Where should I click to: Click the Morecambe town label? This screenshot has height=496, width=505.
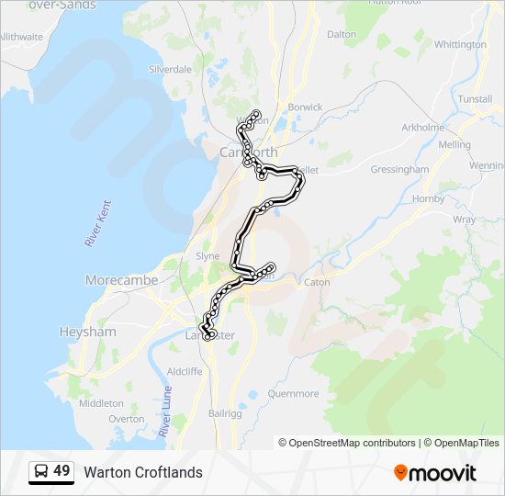pos(121,280)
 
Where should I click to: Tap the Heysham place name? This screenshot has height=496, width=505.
pos(86,332)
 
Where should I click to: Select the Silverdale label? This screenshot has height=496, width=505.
pos(170,69)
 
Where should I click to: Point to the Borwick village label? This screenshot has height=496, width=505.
pos(305,107)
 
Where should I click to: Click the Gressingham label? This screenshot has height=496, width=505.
pos(399,170)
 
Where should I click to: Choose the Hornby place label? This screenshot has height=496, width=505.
pos(429,198)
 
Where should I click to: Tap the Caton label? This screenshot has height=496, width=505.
pos(317,282)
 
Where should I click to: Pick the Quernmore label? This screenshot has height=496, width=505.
pos(293,394)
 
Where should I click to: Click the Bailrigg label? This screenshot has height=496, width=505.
pos(224,414)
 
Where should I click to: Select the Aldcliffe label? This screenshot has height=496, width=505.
pos(185,372)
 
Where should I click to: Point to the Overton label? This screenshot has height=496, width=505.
pos(126,419)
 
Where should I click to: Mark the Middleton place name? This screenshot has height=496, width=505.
pos(101,403)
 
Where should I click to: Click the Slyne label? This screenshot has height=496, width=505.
pos(208,256)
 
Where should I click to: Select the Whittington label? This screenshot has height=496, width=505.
pos(460,44)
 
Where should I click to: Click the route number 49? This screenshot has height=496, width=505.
pos(62,471)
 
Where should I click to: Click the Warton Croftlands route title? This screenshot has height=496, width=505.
pos(143,473)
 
